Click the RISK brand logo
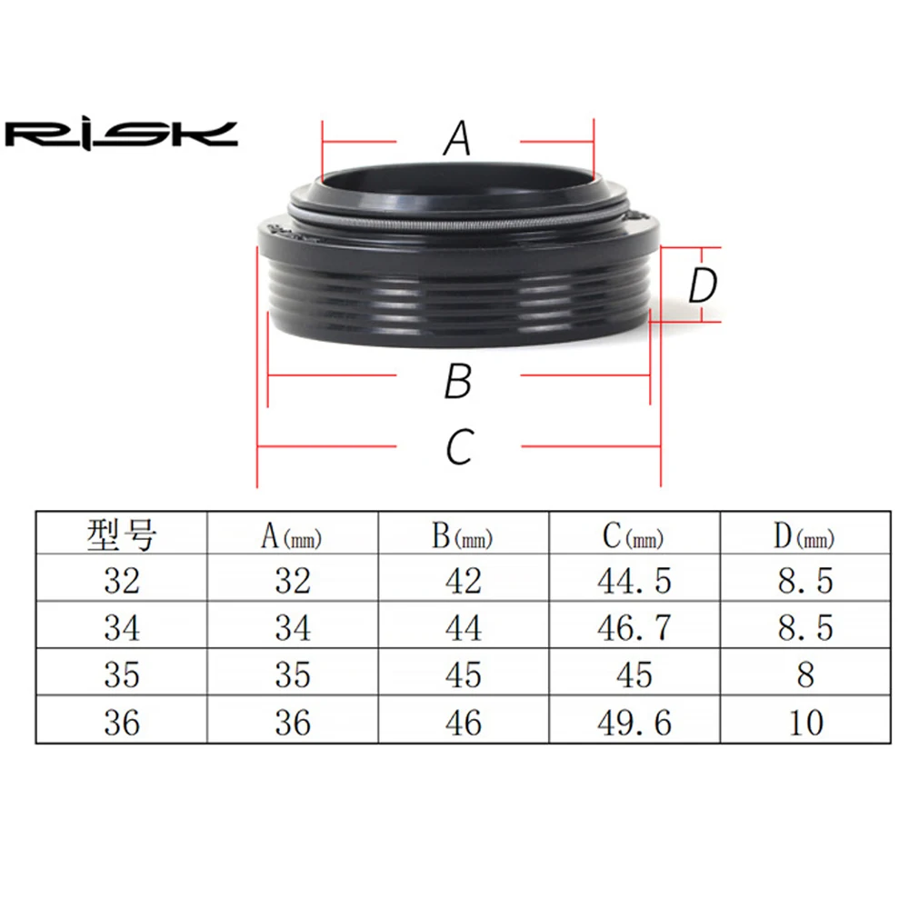pyautogui.click(x=121, y=135)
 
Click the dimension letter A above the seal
pyautogui.click(x=457, y=138)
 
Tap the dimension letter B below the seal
pyautogui.click(x=458, y=381)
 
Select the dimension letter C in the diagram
pyautogui.click(x=460, y=446)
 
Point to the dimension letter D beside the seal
pyautogui.click(x=703, y=285)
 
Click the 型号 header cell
pyautogui.click(x=122, y=534)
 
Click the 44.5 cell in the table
pyautogui.click(x=634, y=581)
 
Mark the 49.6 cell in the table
pyautogui.click(x=634, y=723)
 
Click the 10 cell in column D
pyautogui.click(x=805, y=723)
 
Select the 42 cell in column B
pyautogui.click(x=464, y=581)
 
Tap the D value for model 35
pyautogui.click(x=805, y=674)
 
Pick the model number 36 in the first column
pyautogui.click(x=122, y=723)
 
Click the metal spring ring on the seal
pyautogui.click(x=458, y=227)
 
